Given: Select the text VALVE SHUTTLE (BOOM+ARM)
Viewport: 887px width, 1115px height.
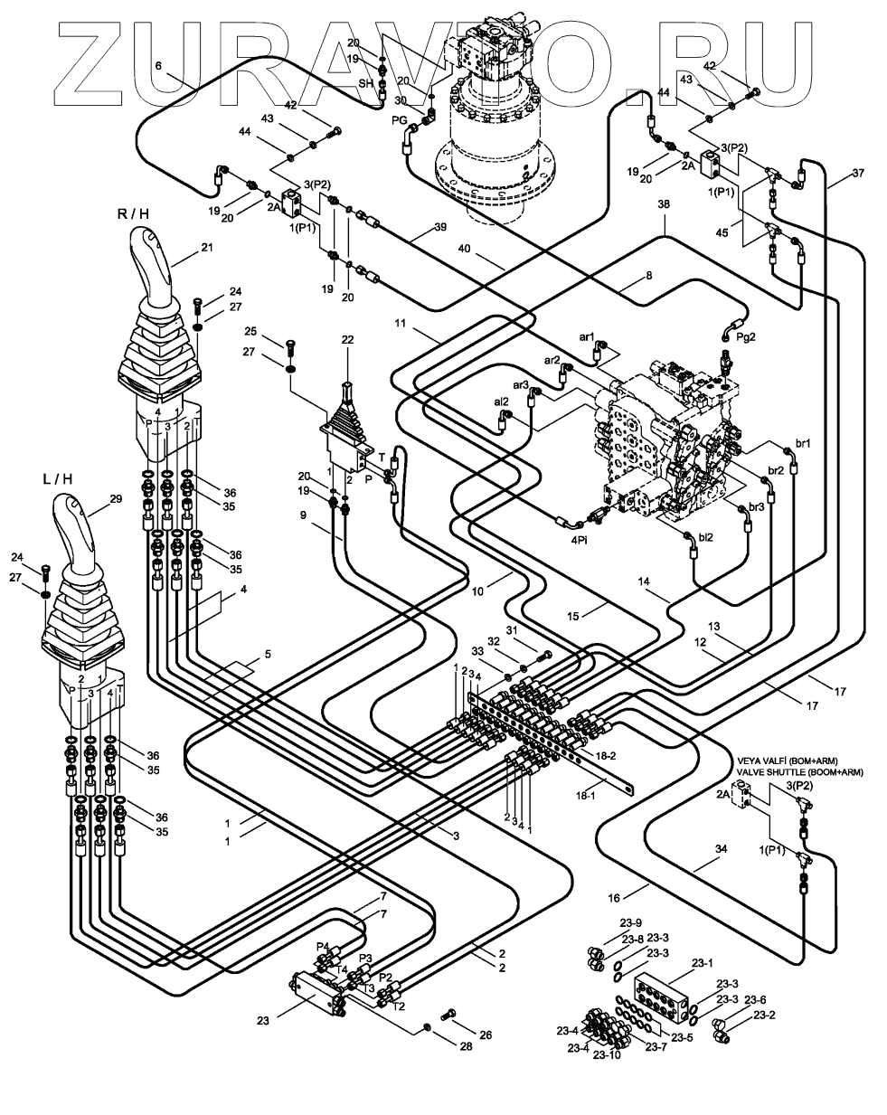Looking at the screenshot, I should point(800,772).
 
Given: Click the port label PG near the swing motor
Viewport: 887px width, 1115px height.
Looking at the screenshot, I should point(398,118).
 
